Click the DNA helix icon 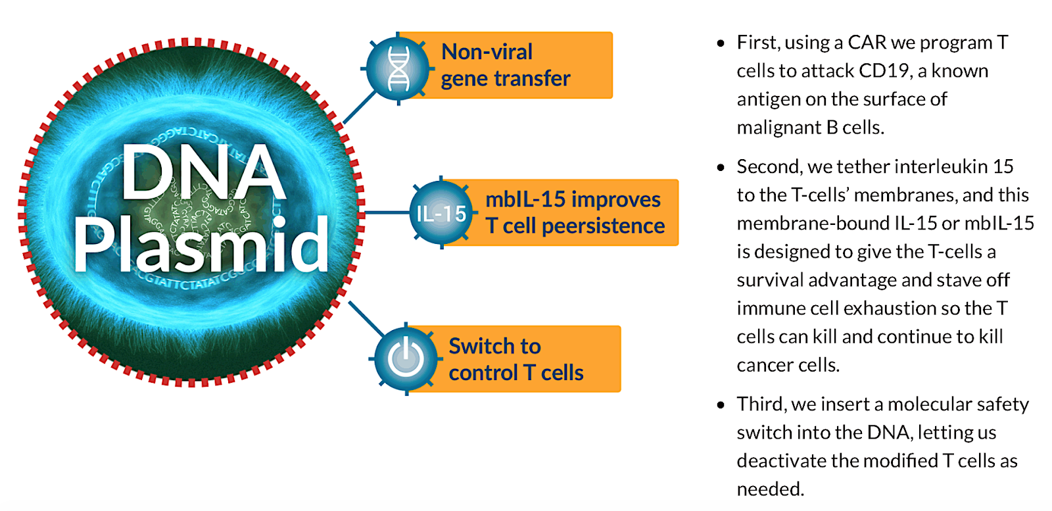tap(398, 68)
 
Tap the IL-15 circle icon tap(441, 213)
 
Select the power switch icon tap(406, 358)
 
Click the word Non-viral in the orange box tap(487, 52)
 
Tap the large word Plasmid tap(201, 245)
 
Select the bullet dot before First tap(721, 43)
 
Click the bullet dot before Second tap(721, 168)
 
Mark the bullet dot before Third tap(721, 405)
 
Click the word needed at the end tap(769, 489)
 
